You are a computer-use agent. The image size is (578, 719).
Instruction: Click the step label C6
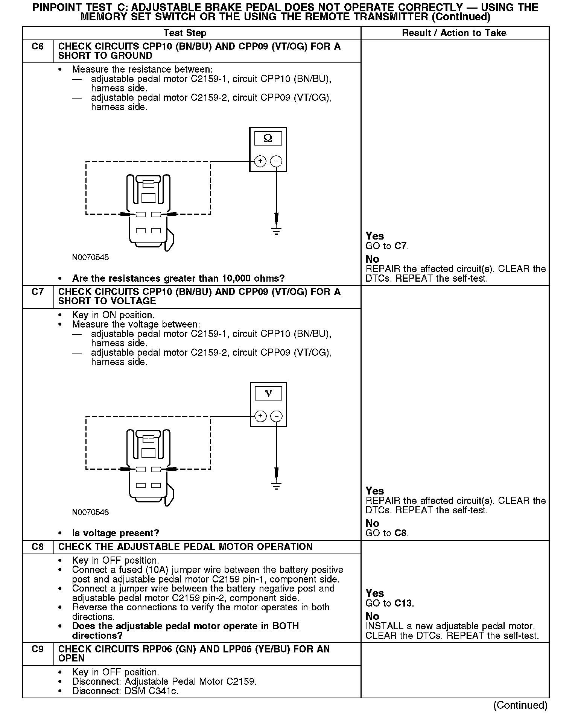pyautogui.click(x=38, y=47)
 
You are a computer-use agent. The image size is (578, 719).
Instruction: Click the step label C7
pyautogui.click(x=38, y=292)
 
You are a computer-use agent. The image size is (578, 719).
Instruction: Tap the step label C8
pyautogui.click(x=38, y=547)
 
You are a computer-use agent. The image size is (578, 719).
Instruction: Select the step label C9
pyautogui.click(x=38, y=649)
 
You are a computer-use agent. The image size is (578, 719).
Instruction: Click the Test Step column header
pyautogui.click(x=185, y=33)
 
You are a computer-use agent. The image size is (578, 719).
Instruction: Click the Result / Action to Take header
pyautogui.click(x=454, y=33)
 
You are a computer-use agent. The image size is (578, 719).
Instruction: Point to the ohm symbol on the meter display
pyautogui.click(x=268, y=138)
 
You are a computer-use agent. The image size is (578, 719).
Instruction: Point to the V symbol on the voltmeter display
pyautogui.click(x=268, y=393)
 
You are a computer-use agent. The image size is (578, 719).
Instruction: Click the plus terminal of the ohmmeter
pyautogui.click(x=260, y=161)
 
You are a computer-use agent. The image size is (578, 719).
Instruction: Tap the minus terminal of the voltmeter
pyautogui.click(x=277, y=416)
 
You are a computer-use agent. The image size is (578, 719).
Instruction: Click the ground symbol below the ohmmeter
pyautogui.click(x=277, y=231)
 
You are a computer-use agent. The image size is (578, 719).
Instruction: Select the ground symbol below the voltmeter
pyautogui.click(x=277, y=486)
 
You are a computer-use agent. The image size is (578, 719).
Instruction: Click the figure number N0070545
pyautogui.click(x=90, y=258)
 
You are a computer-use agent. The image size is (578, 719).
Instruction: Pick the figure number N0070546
pyautogui.click(x=90, y=513)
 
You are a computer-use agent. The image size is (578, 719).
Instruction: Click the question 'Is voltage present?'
pyautogui.click(x=116, y=533)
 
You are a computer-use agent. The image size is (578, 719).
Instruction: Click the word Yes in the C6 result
pyautogui.click(x=375, y=236)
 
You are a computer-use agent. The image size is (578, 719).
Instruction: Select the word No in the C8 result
pyautogui.click(x=373, y=616)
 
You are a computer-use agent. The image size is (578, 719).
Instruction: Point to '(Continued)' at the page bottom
pyautogui.click(x=520, y=705)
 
